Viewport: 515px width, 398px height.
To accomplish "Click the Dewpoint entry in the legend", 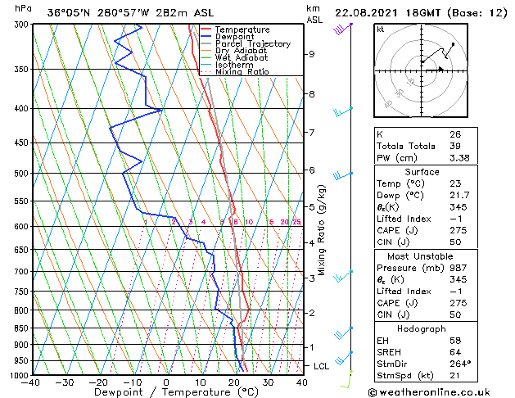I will pyautogui.click(x=236, y=37).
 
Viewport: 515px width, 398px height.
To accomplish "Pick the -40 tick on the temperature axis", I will pyautogui.click(x=31, y=382).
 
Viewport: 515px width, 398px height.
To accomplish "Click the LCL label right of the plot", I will pyautogui.click(x=321, y=366).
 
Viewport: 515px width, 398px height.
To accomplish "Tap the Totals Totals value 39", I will pyautogui.click(x=454, y=147).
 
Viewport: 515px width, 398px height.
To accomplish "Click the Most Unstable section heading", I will pyautogui.click(x=421, y=256).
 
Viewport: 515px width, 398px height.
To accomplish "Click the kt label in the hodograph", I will pyautogui.click(x=380, y=29).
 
